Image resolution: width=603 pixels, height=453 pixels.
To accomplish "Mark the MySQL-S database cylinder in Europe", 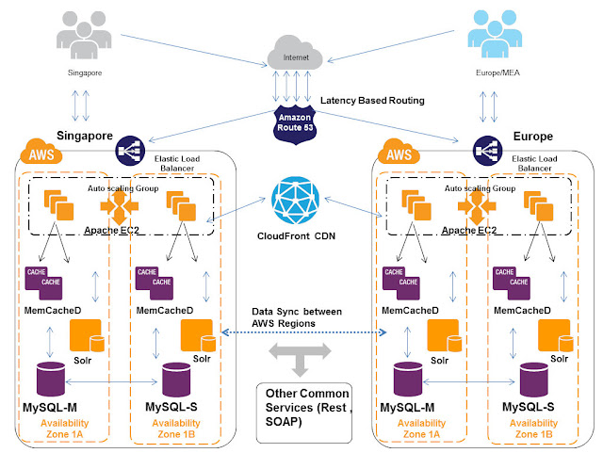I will click(x=534, y=380).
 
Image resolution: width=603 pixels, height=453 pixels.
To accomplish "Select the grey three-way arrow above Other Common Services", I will click(x=299, y=356).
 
